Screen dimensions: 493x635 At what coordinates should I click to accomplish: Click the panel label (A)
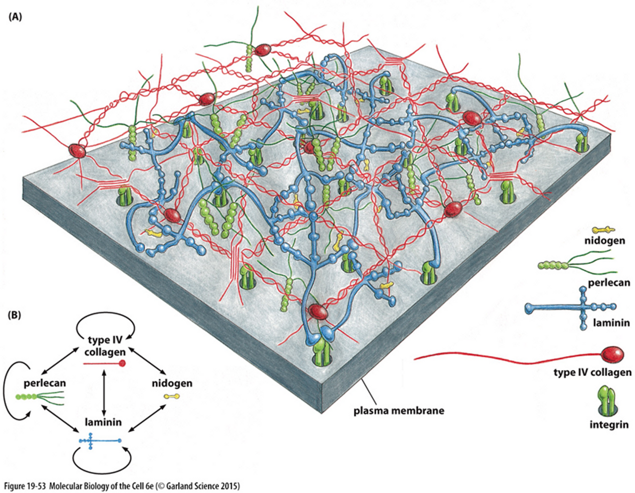click(15, 16)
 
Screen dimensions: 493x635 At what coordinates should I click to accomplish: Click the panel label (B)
click(14, 314)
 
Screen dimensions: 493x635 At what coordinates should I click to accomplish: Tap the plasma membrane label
click(398, 411)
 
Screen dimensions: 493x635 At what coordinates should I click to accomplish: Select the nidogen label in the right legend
click(605, 241)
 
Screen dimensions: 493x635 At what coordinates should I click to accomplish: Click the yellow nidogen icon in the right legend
click(603, 230)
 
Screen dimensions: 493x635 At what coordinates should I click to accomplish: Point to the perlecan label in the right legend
click(609, 283)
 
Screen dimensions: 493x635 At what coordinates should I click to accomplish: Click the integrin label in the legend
click(609, 425)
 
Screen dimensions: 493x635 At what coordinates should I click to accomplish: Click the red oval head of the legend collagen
click(613, 354)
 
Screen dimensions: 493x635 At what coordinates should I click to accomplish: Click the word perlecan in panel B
click(45, 383)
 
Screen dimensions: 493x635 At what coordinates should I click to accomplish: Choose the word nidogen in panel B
click(172, 383)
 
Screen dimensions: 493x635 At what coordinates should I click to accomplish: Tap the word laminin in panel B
click(103, 423)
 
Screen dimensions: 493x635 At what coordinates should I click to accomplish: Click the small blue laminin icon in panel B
click(99, 440)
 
